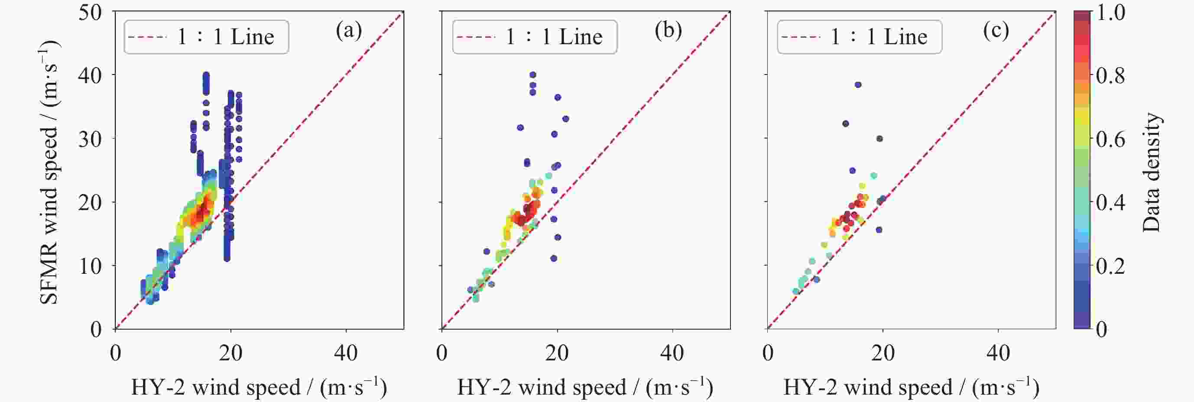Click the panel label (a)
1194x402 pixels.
349,31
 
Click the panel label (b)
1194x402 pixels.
668,31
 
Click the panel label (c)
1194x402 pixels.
995,31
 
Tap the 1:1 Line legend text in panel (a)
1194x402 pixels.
226,37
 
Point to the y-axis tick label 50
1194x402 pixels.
90,12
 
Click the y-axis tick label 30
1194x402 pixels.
90,139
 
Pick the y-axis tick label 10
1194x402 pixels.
90,266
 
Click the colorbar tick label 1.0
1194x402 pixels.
1110,13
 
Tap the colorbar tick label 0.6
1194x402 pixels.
1110,139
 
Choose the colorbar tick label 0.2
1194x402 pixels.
1110,266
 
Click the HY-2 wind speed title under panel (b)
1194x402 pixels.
585,387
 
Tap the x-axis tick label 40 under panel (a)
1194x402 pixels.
346,353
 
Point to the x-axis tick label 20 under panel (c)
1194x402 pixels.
883,353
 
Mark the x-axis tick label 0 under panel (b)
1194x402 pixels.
442,353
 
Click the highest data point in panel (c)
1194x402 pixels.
858,85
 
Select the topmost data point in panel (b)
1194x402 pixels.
532,75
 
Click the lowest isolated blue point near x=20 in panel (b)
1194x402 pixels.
553,258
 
